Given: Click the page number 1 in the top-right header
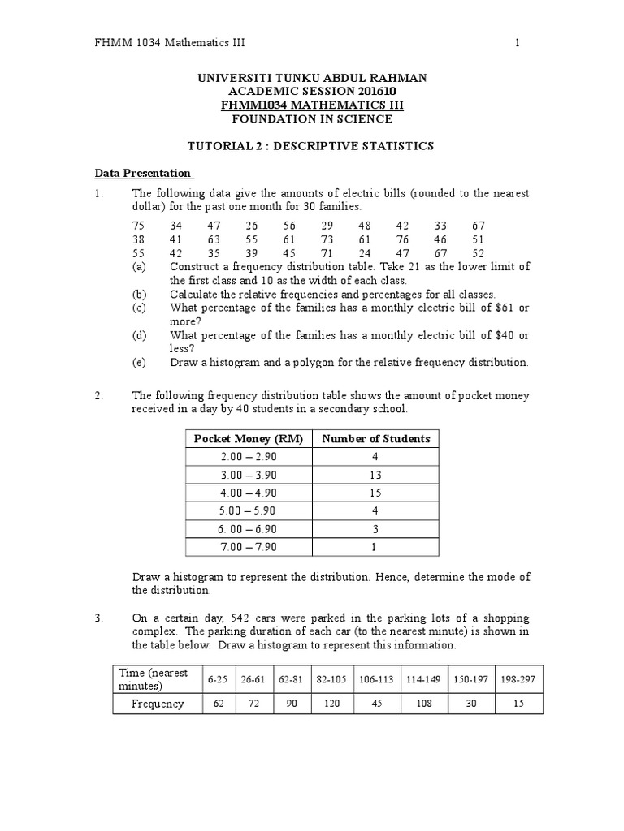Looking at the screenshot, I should (x=517, y=43).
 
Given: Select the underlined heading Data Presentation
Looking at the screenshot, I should (x=143, y=173).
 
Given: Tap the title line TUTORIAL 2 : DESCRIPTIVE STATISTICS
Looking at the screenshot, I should (x=312, y=146).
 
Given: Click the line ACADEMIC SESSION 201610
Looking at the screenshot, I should (x=312, y=92).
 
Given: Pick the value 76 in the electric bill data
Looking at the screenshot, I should (x=403, y=239).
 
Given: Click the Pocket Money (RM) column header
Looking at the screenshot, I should (x=248, y=439).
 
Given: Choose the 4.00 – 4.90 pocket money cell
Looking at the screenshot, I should (x=248, y=493).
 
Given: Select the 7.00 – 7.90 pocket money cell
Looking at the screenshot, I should (x=248, y=546).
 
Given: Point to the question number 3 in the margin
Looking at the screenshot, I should (x=98, y=618).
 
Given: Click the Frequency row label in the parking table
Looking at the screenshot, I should (x=158, y=704).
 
